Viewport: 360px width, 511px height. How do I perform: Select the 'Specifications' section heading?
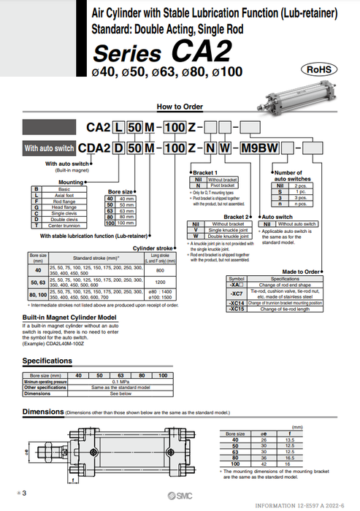tap(47, 361)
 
